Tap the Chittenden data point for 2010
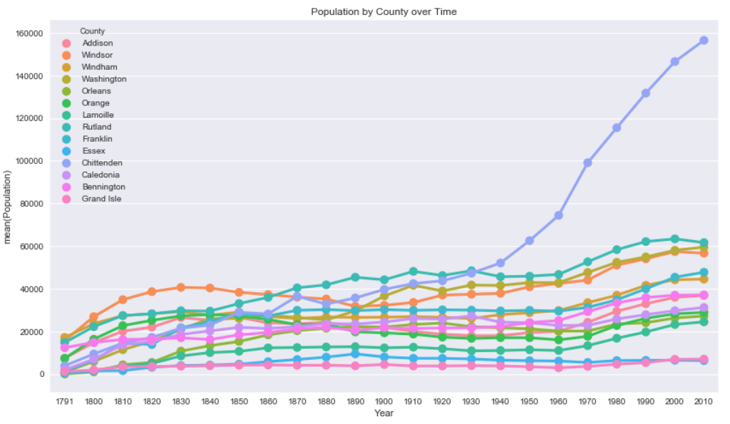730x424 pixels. point(704,41)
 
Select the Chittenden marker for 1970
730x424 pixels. point(588,162)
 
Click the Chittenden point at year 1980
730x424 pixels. point(617,128)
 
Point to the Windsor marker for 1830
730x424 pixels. point(181,287)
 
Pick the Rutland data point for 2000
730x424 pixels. point(674,239)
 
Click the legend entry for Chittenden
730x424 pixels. point(103,163)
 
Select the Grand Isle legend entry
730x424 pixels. point(102,199)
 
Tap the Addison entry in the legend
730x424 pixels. point(98,43)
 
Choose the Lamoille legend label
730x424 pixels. point(98,115)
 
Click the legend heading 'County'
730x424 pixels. point(93,31)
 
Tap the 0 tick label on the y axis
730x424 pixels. point(41,375)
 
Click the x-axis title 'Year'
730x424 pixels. point(384,413)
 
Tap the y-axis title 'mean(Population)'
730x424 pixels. point(9,207)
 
